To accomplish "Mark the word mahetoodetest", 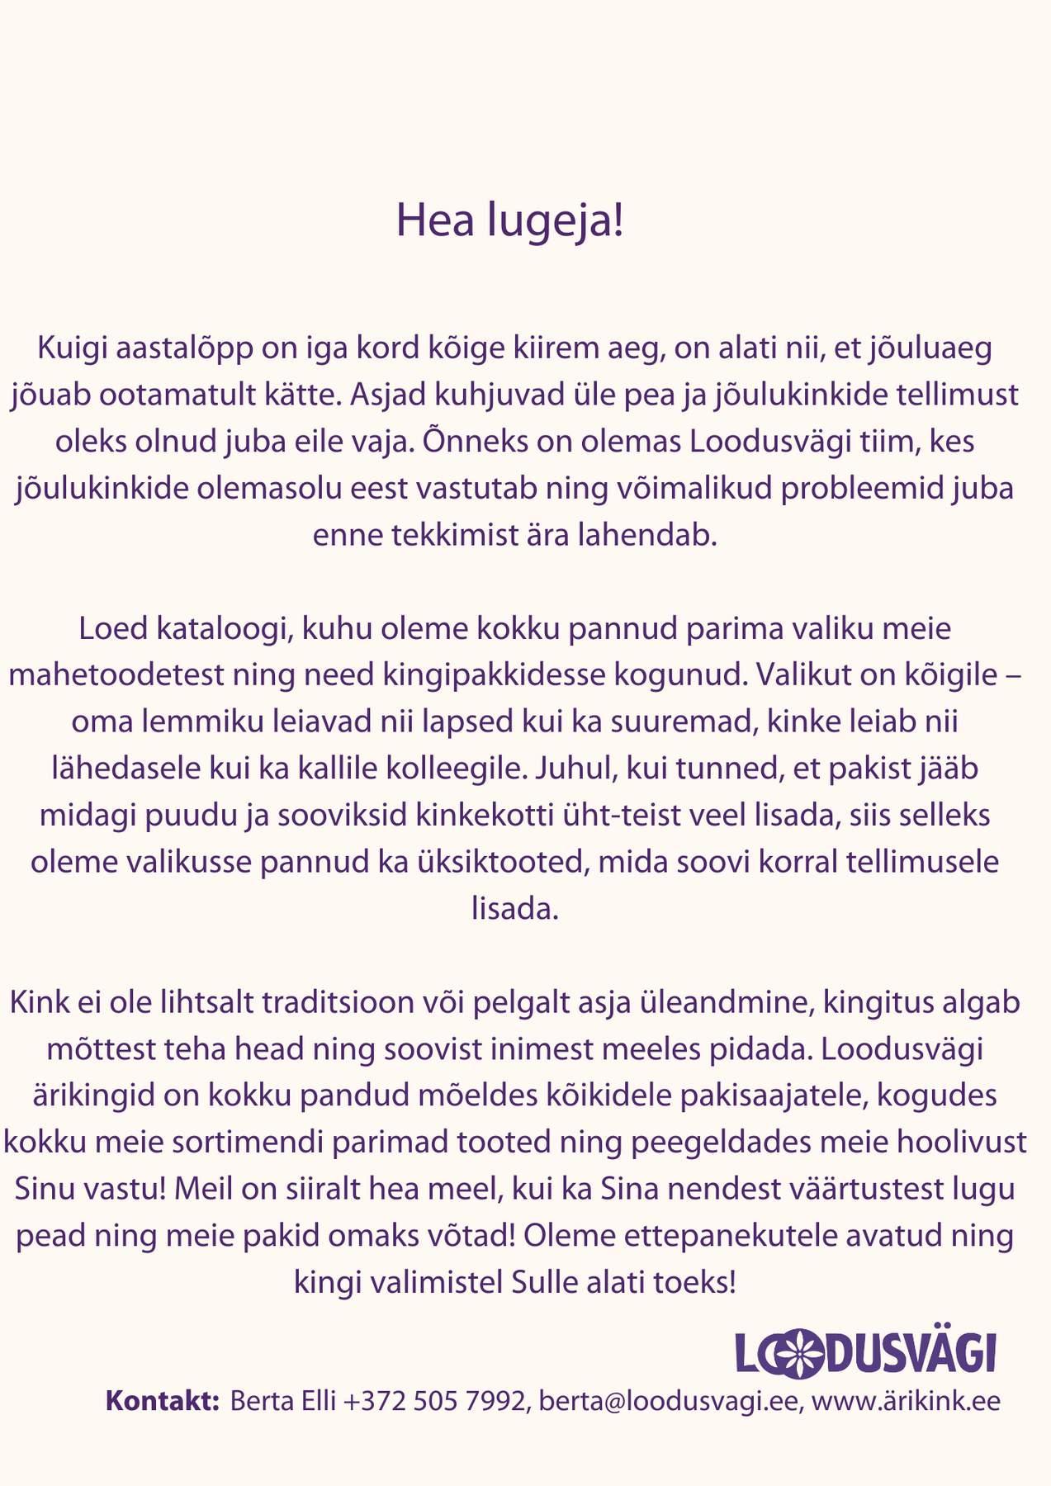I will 116,675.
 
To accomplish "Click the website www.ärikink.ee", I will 906,1401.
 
